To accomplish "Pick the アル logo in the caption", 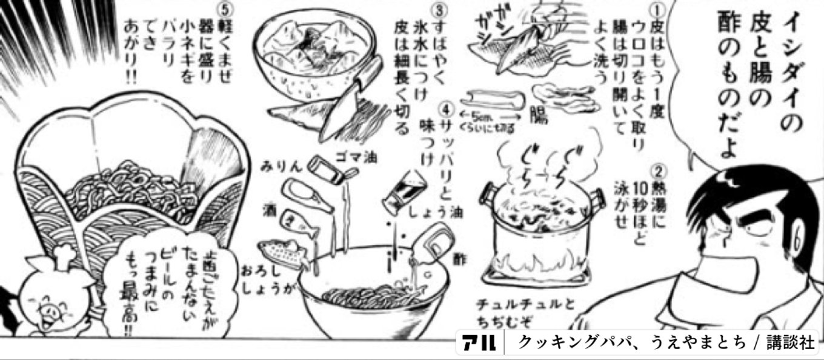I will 479,342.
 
